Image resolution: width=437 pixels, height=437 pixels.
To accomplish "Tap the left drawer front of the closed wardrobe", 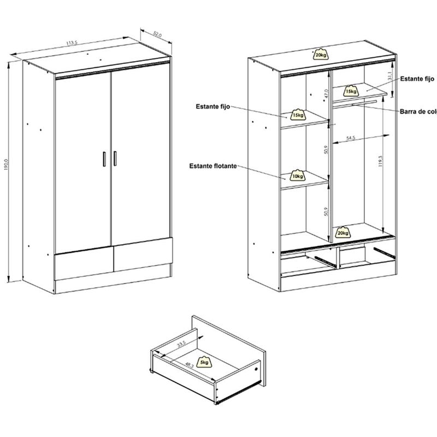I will click(83, 262).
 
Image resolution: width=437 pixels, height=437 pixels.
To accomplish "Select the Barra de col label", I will click(418, 112).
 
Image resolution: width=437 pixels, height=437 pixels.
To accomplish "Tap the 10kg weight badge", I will click(298, 175).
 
